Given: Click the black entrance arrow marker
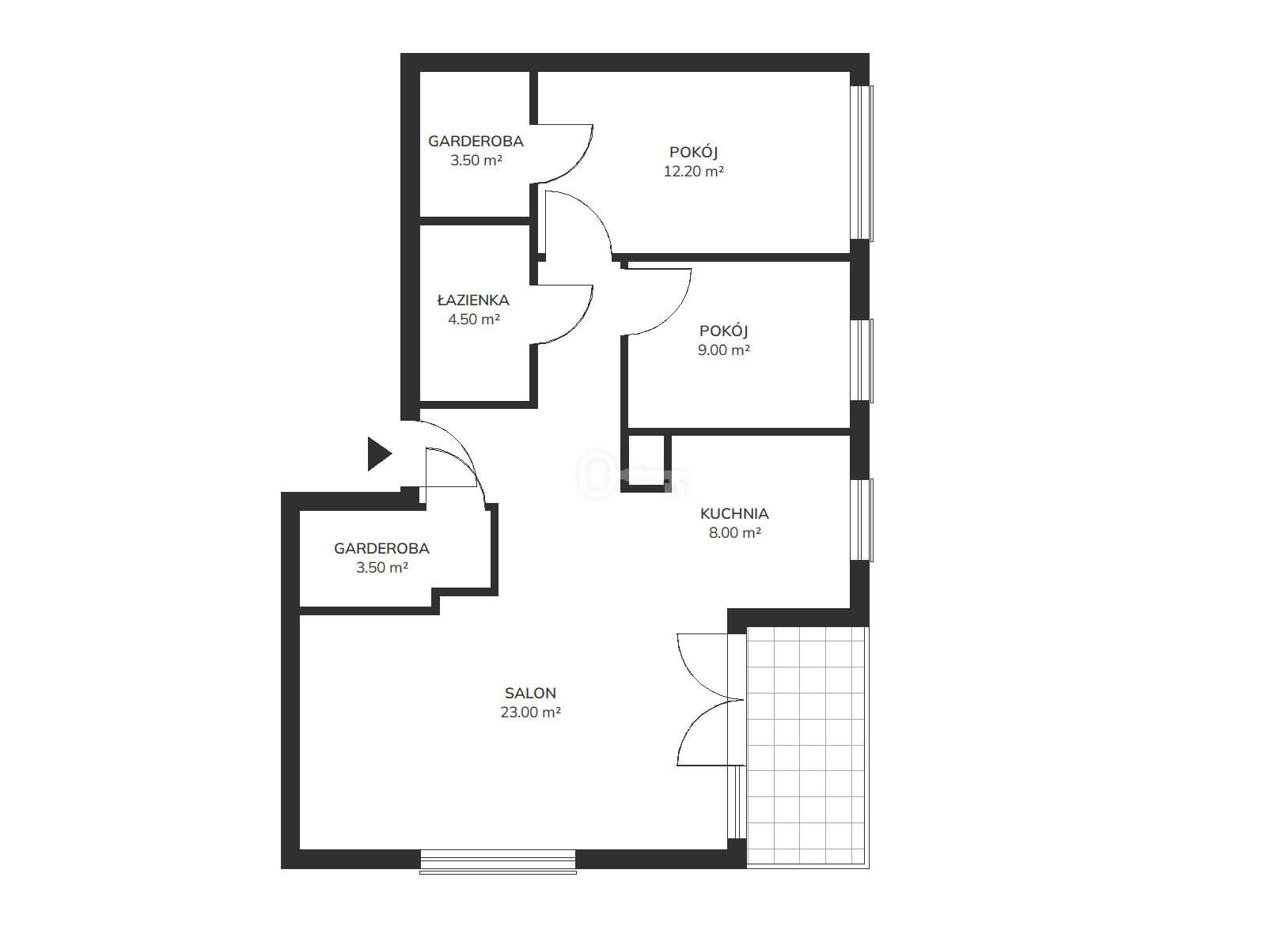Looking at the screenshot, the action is coord(379,454).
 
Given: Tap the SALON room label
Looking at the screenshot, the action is coord(530,694).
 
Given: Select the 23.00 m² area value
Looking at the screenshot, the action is coord(531,713).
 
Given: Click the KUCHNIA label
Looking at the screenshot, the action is coord(734,513).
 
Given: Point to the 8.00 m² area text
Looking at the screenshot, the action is coord(735,532).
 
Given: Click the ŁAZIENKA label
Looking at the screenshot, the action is coord(473,300).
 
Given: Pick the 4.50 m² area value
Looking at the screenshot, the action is coord(474,319).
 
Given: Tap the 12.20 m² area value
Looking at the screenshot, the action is coord(693,171).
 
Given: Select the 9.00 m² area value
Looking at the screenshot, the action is coord(723,350).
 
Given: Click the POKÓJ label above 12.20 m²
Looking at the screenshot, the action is coord(693,152).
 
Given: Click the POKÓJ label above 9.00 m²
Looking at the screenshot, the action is coord(723,331).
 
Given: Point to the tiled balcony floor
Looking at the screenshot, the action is coord(808,747).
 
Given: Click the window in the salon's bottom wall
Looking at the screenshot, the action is coord(498,861).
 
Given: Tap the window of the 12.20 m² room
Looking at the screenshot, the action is coord(862,163).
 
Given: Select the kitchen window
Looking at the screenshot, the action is coord(862,520).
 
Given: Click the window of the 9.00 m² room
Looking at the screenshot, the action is coord(862,361).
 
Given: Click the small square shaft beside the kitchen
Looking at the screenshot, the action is coord(646,463).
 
